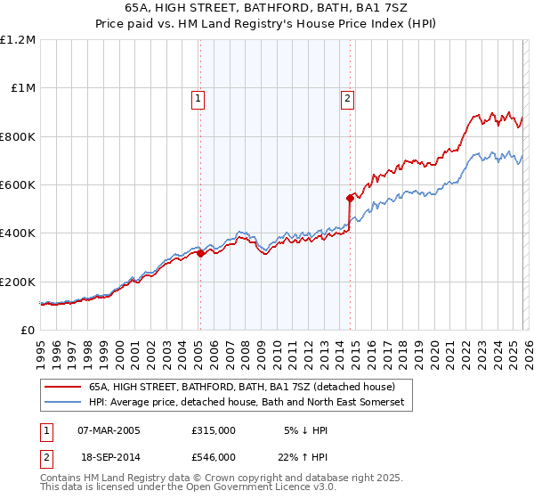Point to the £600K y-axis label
pyautogui.click(x=18, y=185)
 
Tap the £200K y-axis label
pyautogui.click(x=18, y=282)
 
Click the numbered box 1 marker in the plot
pyautogui.click(x=198, y=99)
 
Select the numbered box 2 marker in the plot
pyautogui.click(x=347, y=99)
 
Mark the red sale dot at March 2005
pyautogui.click(x=200, y=254)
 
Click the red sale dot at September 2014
pyautogui.click(x=350, y=199)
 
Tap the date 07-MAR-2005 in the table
pyautogui.click(x=109, y=430)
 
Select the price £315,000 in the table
pyautogui.click(x=214, y=430)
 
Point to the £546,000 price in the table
pyautogui.click(x=214, y=456)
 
